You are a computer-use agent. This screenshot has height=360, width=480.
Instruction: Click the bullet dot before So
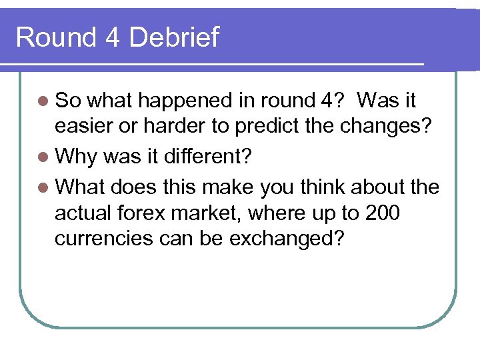coord(43,101)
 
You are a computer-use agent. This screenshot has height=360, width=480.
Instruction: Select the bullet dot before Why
coord(43,158)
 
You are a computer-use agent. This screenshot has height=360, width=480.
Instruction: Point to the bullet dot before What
coord(43,187)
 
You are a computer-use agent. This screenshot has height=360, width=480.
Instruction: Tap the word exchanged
coord(286,239)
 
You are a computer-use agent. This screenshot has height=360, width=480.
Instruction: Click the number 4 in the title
coord(111,37)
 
